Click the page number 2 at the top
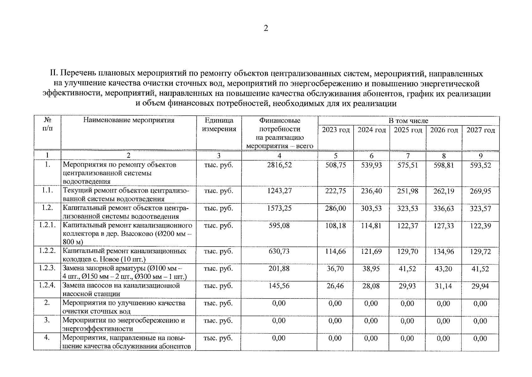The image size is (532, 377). pyautogui.click(x=266, y=29)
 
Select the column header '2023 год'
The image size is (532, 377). pyautogui.click(x=336, y=130)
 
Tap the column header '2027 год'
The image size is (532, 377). pyautogui.click(x=480, y=130)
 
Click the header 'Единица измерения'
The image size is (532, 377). pyautogui.click(x=219, y=125)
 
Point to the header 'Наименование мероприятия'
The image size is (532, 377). pyautogui.click(x=129, y=120)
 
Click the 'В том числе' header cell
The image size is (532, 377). pyautogui.click(x=408, y=121)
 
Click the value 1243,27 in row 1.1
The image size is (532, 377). pyautogui.click(x=279, y=191)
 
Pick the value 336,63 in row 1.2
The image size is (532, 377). pyautogui.click(x=444, y=209)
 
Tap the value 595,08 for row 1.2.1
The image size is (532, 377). pyautogui.click(x=279, y=226)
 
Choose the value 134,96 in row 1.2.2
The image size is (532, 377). pyautogui.click(x=444, y=252)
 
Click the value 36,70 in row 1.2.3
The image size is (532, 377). pyautogui.click(x=335, y=269)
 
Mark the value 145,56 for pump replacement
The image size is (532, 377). pyautogui.click(x=279, y=286)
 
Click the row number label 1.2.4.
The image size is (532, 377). pyautogui.click(x=47, y=286)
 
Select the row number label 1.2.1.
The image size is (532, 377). pyautogui.click(x=47, y=225)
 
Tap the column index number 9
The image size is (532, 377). pyautogui.click(x=481, y=156)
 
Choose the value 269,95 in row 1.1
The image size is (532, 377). pyautogui.click(x=480, y=191)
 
